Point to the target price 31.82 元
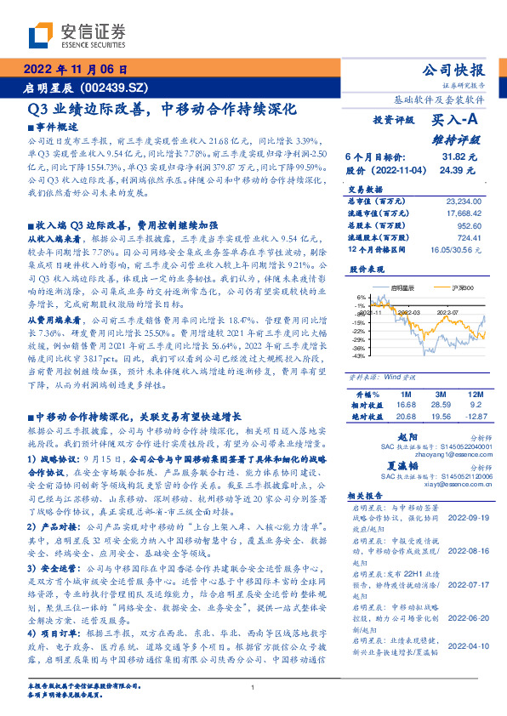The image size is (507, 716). (466, 157)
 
